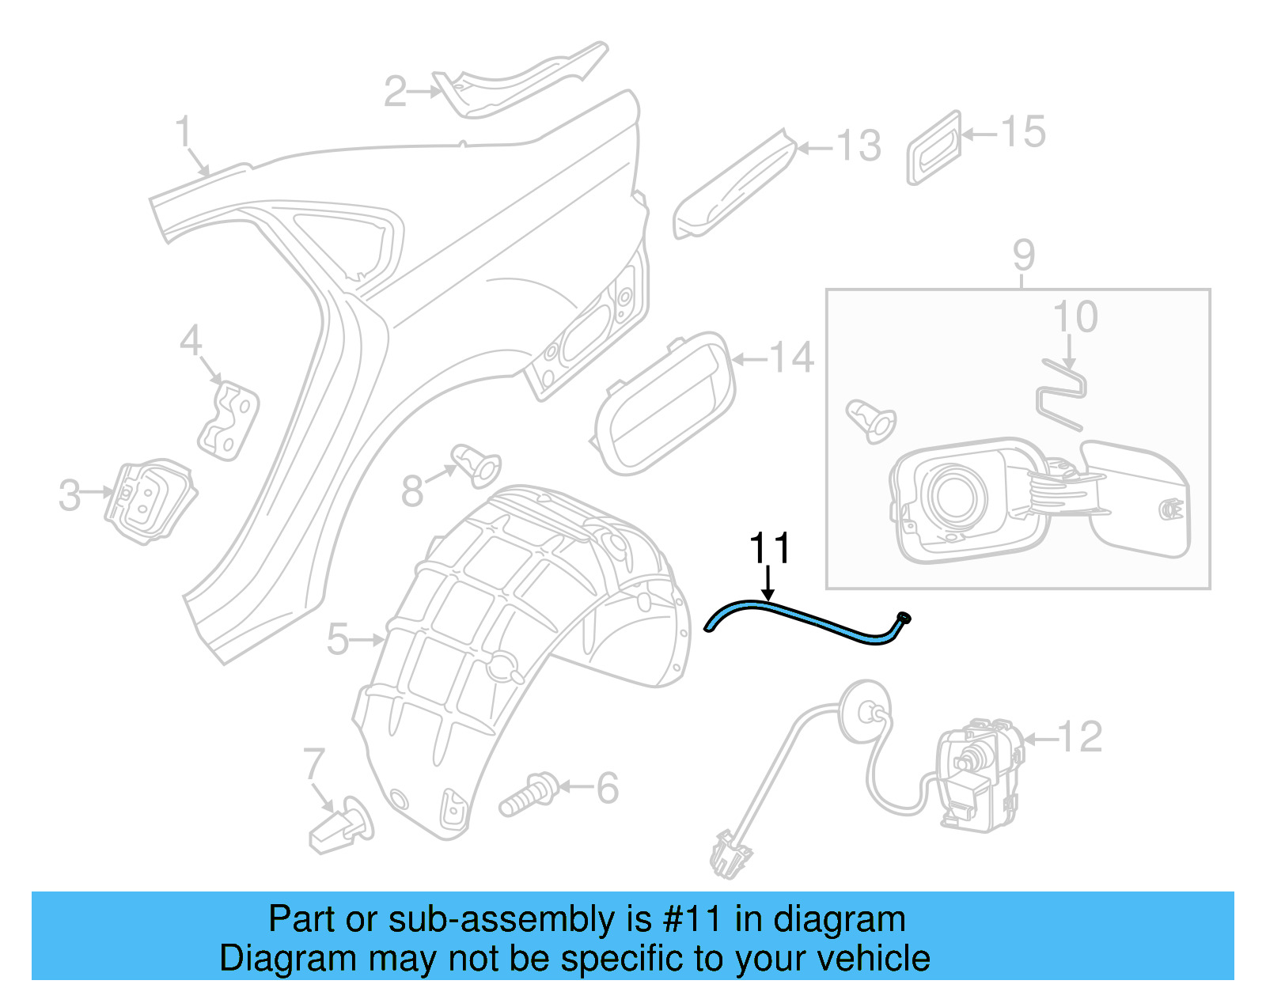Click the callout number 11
[769, 548]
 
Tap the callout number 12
[1079, 737]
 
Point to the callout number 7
[314, 765]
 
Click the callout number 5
[337, 639]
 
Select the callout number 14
[791, 358]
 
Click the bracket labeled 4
[229, 418]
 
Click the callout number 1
[184, 131]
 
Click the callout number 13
[858, 146]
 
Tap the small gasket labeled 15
[934, 148]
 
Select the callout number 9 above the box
[1023, 256]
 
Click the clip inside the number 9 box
[871, 420]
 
